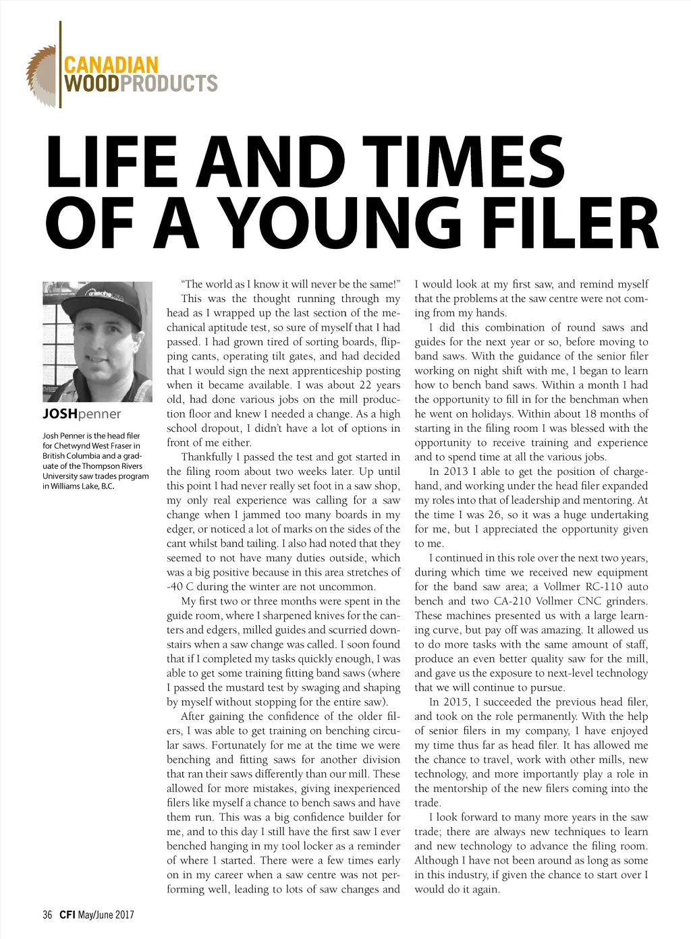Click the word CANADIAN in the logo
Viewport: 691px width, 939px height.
click(111, 65)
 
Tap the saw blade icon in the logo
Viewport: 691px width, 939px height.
click(41, 76)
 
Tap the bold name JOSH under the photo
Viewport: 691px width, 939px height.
click(60, 414)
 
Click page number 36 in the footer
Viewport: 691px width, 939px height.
click(47, 915)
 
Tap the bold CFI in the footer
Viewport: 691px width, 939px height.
click(67, 915)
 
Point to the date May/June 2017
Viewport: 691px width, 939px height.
click(106, 915)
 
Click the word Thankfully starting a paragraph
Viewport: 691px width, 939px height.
click(206, 457)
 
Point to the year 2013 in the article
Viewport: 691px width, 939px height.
click(455, 472)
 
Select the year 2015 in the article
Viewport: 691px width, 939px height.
click(455, 702)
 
